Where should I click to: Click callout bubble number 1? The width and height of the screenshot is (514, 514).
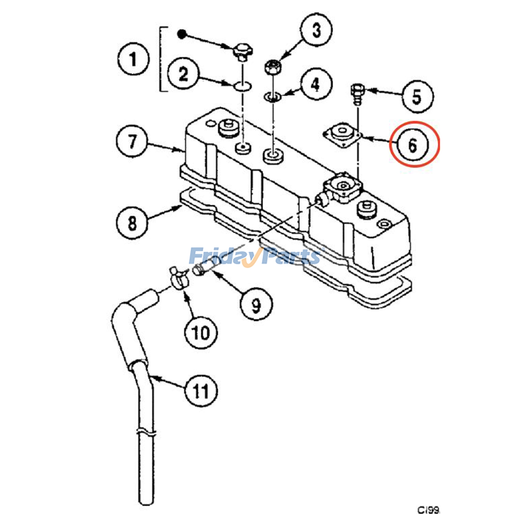click(x=133, y=59)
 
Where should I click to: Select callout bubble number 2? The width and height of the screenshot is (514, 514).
click(x=183, y=74)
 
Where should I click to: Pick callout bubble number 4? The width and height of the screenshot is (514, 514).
click(x=316, y=84)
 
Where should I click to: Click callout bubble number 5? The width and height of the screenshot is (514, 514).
click(x=417, y=96)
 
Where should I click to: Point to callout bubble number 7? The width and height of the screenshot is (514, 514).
click(x=132, y=141)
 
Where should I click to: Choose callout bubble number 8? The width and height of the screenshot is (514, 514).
click(x=132, y=222)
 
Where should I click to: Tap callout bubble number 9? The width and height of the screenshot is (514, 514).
click(x=256, y=304)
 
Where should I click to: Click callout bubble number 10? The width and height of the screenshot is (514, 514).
click(x=201, y=332)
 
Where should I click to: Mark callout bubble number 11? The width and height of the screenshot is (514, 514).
click(x=201, y=391)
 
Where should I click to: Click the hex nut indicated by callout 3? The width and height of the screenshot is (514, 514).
click(x=273, y=67)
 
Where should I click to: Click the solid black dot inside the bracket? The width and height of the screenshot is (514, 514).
click(x=182, y=34)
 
